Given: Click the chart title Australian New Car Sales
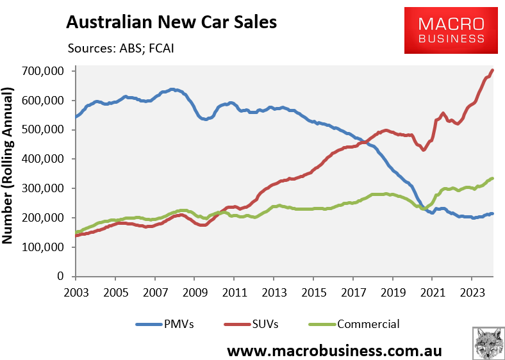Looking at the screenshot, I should click(x=172, y=22).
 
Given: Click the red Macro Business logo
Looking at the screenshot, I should click(x=451, y=31).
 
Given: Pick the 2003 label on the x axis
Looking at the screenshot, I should click(x=76, y=290).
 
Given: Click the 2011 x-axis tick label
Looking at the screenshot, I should click(x=234, y=290).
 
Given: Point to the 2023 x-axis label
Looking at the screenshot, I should click(x=472, y=290).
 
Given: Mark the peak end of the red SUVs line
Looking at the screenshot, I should click(x=492, y=70).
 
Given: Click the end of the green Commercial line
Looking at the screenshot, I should click(x=492, y=178).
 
